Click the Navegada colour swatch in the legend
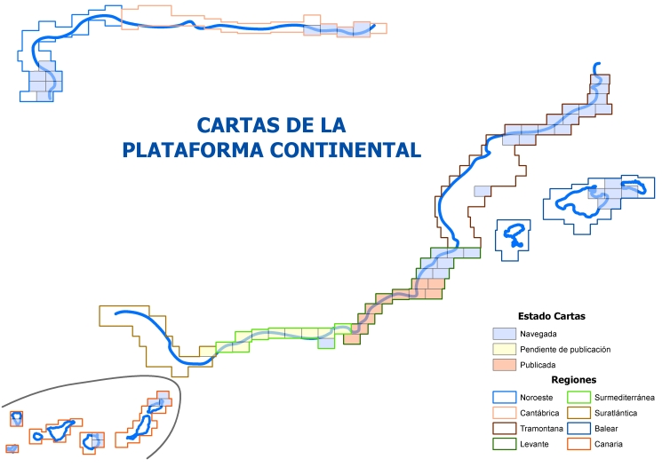(504, 333)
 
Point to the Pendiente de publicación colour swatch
(504, 349)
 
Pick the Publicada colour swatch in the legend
(504, 365)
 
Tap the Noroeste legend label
(536, 396)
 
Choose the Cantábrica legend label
(540, 412)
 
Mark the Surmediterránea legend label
(623, 396)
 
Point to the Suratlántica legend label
(617, 412)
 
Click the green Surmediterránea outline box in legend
(578, 396)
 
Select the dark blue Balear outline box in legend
(578, 428)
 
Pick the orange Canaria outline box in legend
(578, 444)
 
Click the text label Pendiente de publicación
(565, 349)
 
